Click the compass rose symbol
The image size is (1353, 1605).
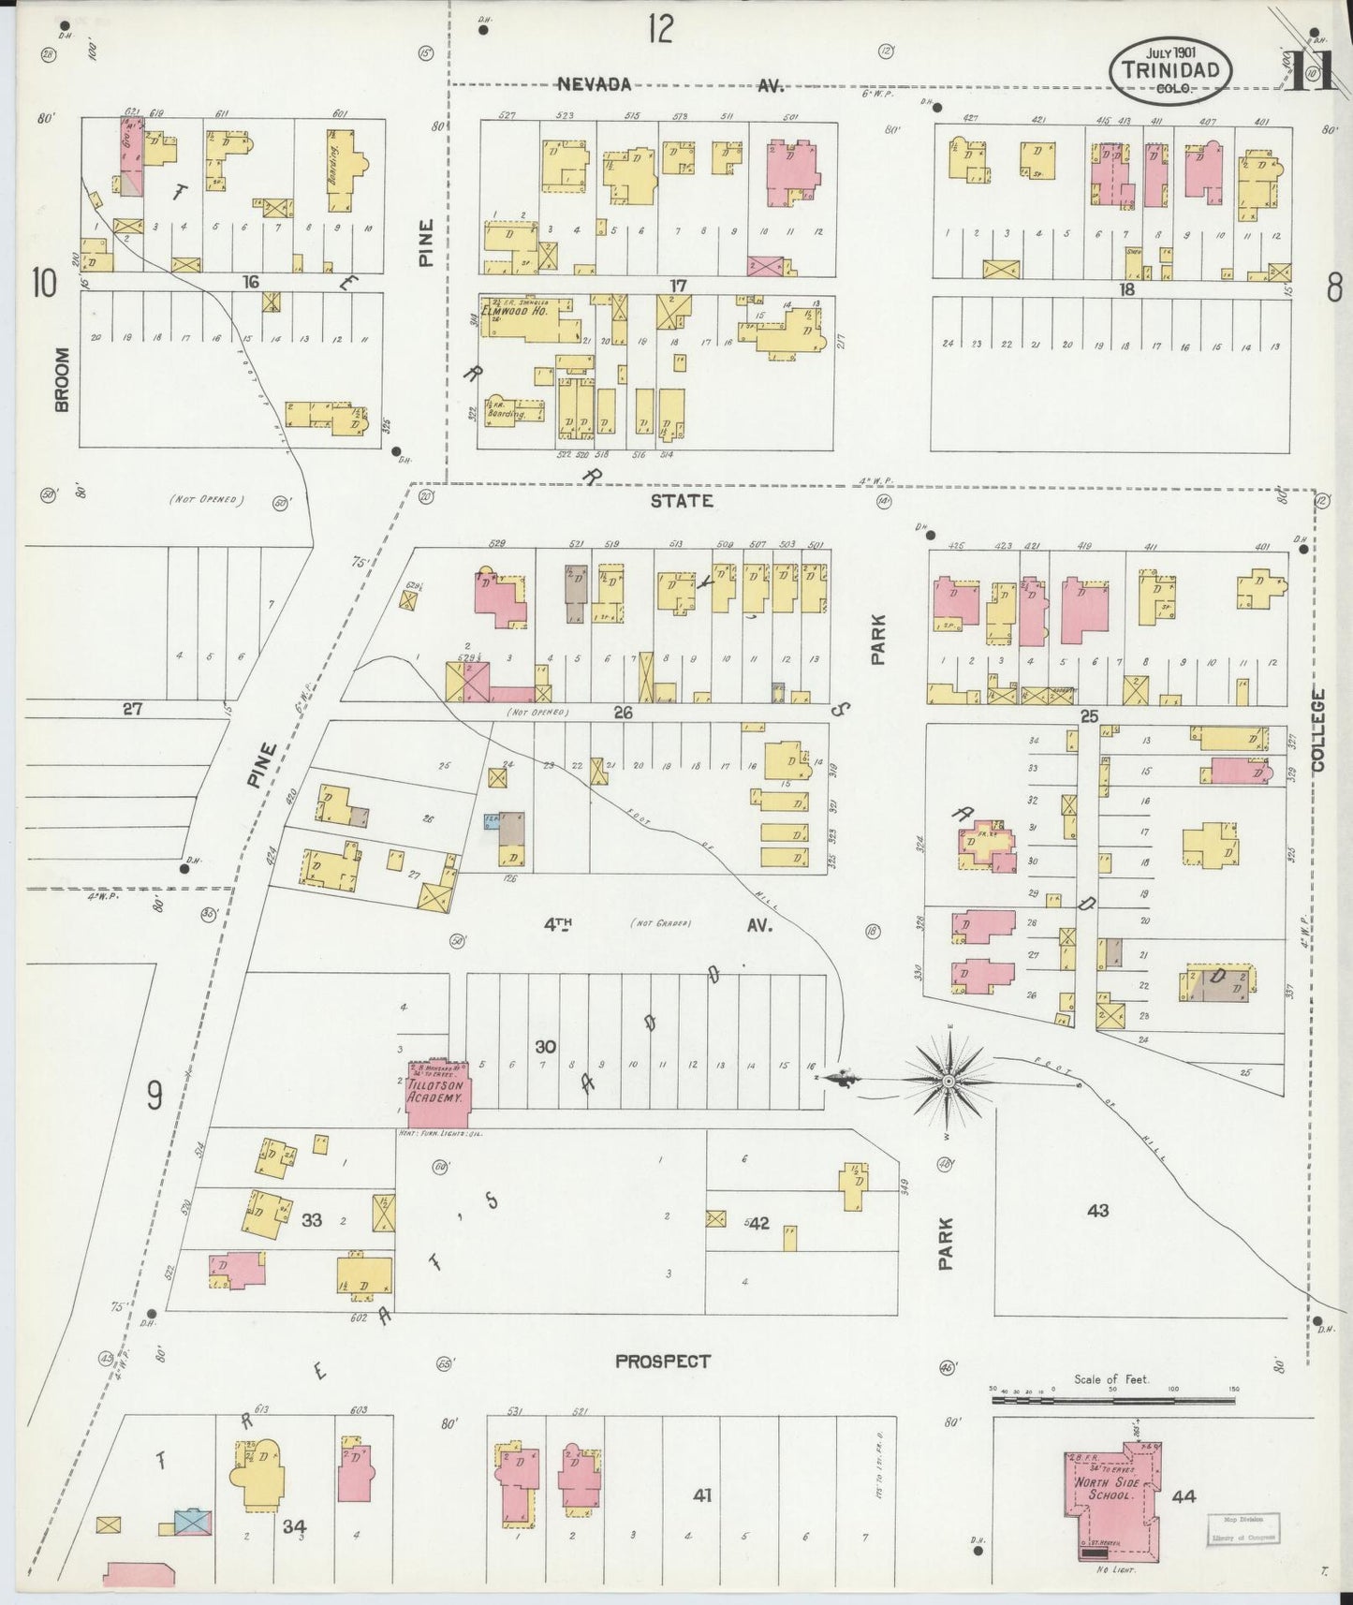949,1081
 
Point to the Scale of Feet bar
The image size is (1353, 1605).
1114,1400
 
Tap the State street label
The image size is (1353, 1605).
682,501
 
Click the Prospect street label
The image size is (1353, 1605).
663,1361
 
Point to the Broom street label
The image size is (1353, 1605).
62,379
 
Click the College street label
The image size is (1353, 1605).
1318,730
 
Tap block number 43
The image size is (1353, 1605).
1097,1210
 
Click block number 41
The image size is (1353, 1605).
702,1495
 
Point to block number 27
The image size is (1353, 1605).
132,709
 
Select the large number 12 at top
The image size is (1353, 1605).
659,30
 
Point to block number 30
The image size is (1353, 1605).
545,1045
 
